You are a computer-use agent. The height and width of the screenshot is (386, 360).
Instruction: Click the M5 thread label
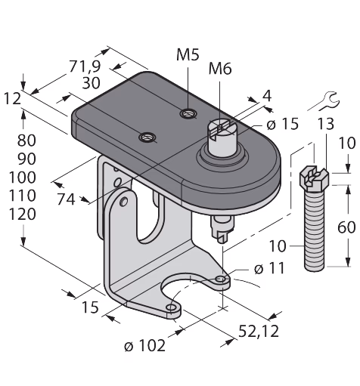tap(188, 54)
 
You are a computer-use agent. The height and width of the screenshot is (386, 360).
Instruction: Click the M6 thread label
tap(220, 69)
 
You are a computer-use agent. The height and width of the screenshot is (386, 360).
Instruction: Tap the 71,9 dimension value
tap(85, 66)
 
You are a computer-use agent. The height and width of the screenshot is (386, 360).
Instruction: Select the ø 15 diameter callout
tap(282, 124)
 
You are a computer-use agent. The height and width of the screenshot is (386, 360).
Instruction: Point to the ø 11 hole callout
tap(269, 268)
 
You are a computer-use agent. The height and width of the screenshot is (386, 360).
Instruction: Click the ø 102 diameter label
tap(145, 345)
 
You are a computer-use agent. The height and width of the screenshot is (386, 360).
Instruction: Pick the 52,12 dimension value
tap(259, 331)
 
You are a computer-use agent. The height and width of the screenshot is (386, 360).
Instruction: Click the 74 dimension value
tap(66, 199)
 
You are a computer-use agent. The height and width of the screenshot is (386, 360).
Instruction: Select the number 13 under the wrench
tap(325, 124)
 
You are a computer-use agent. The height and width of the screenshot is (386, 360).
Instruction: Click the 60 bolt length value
tap(346, 227)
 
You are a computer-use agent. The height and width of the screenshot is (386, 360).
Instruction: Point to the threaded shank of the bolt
tap(315, 231)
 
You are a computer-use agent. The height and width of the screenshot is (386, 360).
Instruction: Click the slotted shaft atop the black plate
tap(221, 137)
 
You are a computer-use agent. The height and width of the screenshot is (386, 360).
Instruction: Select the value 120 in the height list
tap(23, 215)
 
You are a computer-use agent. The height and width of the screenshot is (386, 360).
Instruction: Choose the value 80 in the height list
tap(26, 141)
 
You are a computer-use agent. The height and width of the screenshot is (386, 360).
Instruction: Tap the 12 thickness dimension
tap(12, 98)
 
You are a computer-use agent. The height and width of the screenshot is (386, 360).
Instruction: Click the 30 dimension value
tap(91, 83)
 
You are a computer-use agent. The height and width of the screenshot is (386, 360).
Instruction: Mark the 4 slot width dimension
tap(267, 96)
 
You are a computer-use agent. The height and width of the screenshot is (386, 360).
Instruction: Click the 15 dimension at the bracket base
tap(90, 307)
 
